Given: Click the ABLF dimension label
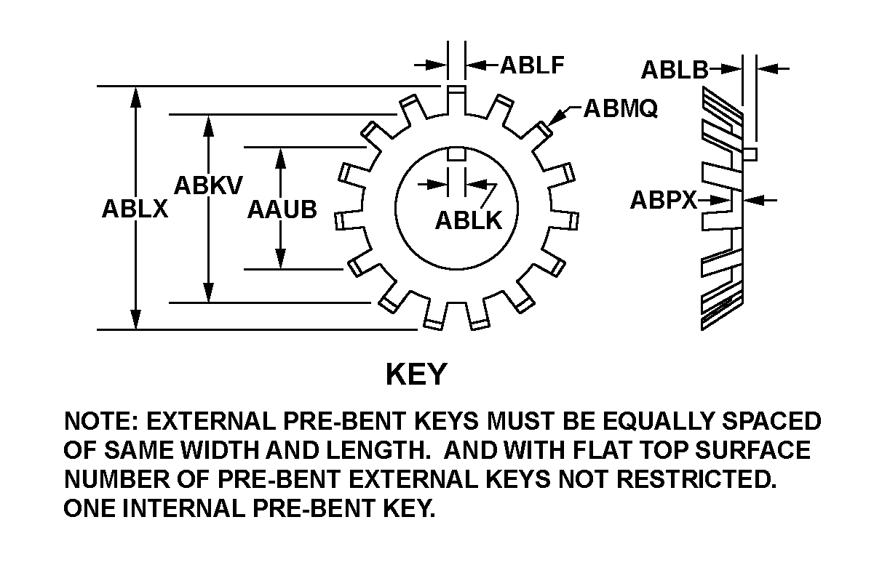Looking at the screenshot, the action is coord(532,65).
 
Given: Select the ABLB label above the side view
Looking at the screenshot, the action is coord(675,70).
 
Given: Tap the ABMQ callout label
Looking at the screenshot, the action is coord(620,108).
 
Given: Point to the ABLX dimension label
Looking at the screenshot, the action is coord(135,209).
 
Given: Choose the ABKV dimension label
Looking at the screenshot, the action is coord(208,185).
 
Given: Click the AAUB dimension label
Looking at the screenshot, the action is coord(282,209).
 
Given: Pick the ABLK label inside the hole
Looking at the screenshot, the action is coord(469,220).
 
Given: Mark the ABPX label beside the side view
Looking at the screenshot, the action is coord(664,200).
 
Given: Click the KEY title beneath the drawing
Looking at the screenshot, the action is coord(416,374).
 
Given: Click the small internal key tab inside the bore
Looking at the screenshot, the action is coord(456,154).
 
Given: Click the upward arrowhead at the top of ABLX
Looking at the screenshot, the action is coord(135,97).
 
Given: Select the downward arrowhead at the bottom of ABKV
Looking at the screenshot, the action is coord(209,292).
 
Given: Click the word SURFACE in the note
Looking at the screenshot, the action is coord(752,450).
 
